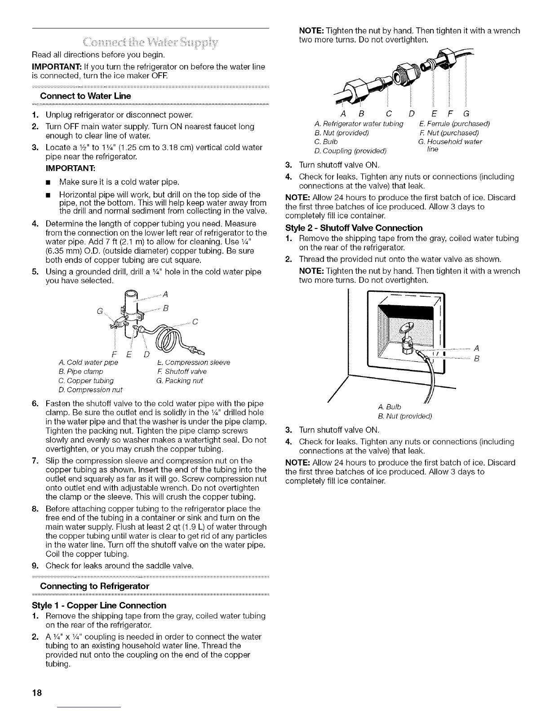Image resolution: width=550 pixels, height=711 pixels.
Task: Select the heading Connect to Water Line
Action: (x=85, y=96)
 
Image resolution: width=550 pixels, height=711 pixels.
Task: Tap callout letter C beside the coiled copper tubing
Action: (x=195, y=321)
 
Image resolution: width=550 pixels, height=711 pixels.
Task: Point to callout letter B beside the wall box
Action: (x=476, y=359)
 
